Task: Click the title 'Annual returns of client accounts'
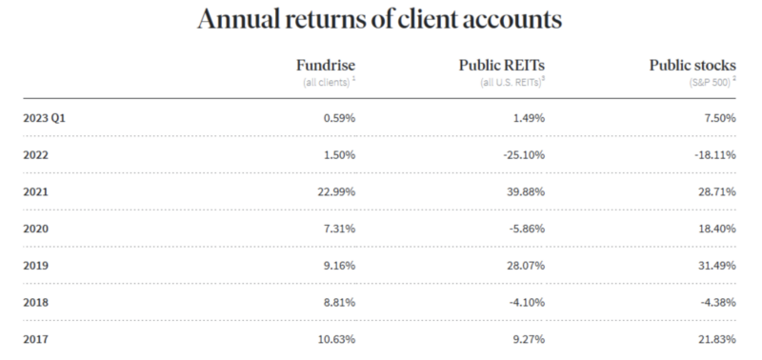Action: coord(381,20)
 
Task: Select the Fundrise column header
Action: coord(327,65)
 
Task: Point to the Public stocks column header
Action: coord(692,65)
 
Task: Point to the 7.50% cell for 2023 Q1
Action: coord(720,118)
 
